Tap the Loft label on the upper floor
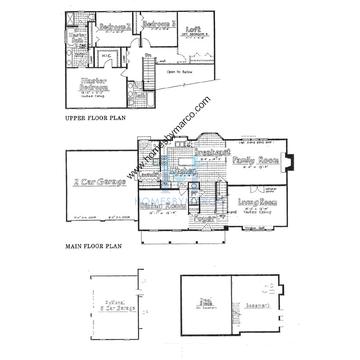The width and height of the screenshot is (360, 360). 194,30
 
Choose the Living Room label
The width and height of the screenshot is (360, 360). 257,202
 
